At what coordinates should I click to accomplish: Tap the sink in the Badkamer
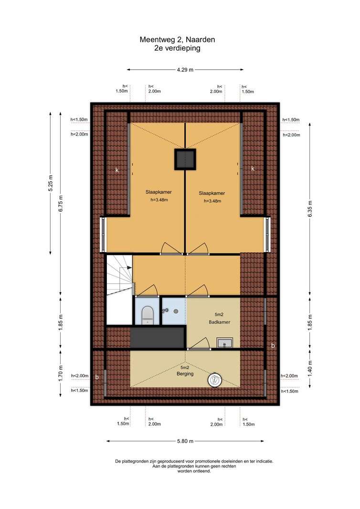point(224,343)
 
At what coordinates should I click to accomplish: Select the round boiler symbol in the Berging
point(215,380)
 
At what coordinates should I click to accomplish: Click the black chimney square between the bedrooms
point(185,159)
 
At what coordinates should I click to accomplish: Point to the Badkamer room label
point(220,322)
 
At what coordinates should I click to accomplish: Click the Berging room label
point(185,374)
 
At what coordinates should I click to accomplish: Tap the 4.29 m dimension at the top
point(185,69)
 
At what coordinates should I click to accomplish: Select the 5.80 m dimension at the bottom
point(185,441)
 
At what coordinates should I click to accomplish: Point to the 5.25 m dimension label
point(50,183)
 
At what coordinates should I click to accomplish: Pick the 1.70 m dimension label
point(61,373)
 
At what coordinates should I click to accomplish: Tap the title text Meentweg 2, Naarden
point(177,40)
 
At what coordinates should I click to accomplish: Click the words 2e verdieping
point(177,48)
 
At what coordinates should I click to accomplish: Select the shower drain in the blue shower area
point(176,311)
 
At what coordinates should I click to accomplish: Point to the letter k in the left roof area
point(117,170)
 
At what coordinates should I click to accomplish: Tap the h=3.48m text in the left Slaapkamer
point(159,200)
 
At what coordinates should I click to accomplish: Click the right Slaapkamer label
point(212,193)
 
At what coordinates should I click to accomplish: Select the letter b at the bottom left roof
point(97,377)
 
